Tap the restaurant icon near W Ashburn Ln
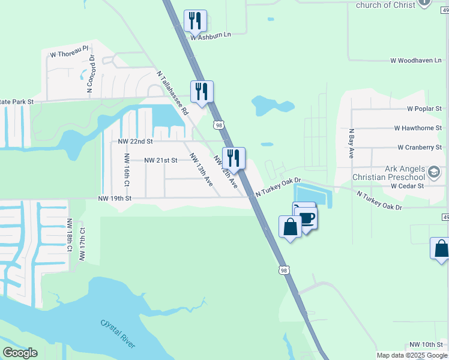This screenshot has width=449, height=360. pos(195,21)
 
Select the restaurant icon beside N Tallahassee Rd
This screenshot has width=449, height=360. pos(202,92)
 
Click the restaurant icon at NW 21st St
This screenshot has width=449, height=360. pos(234,158)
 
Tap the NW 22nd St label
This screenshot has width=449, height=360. pos(136,142)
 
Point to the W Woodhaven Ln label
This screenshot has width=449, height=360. pos(416,61)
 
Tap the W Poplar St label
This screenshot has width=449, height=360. pos(424,109)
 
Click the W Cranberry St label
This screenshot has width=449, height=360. pos(419,147)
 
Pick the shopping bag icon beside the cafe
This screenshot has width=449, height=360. pos(290,227)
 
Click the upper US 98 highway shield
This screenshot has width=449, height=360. pos(218,125)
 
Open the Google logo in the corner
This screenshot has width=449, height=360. pos(20,353)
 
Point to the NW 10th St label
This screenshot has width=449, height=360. pos(426,344)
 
